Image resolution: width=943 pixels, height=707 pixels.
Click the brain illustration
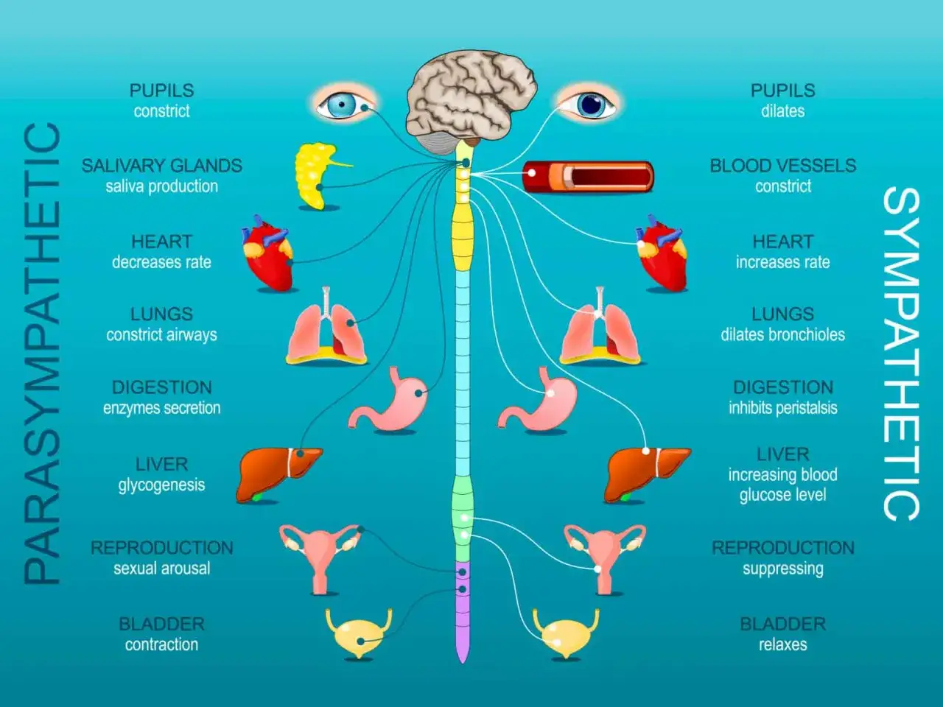[471, 101]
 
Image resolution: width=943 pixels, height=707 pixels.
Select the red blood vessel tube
[588, 176]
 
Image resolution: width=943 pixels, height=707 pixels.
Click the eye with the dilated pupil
[589, 105]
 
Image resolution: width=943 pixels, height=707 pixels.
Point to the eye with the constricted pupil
[344, 105]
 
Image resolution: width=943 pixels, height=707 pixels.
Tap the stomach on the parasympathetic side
[389, 399]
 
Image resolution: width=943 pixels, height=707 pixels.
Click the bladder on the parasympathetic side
[358, 633]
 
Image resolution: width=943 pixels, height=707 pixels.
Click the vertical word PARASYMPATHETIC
[42, 353]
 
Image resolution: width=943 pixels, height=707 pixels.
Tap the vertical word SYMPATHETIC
[901, 354]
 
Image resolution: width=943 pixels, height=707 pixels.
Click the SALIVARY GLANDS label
[162, 166]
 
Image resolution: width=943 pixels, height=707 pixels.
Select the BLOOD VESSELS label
[782, 166]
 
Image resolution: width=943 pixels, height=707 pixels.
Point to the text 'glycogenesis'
[161, 485]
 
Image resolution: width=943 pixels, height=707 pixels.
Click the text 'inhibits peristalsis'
[782, 408]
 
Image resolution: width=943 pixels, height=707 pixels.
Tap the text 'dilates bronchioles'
[782, 335]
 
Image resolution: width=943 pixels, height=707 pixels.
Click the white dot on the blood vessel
[531, 173]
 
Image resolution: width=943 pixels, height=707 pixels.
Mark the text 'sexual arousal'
[162, 569]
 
